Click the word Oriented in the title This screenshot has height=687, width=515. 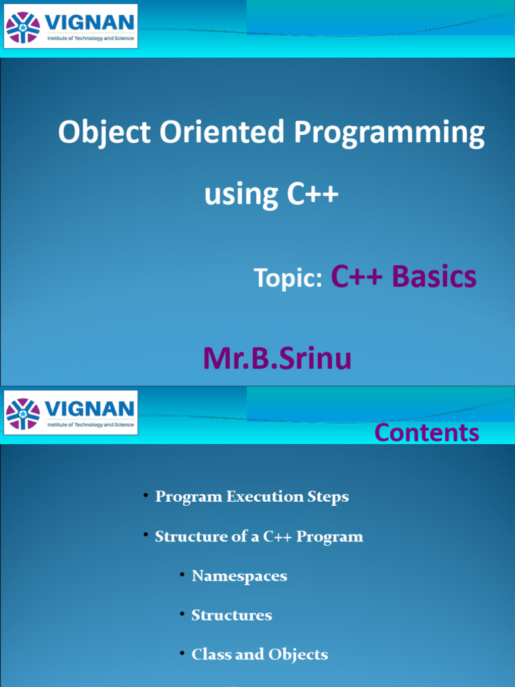[x=222, y=131]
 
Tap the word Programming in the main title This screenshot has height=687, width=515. [x=390, y=134]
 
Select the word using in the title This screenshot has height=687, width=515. [x=241, y=195]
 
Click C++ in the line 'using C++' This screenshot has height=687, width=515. [x=312, y=194]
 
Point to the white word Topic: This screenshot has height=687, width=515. [x=288, y=278]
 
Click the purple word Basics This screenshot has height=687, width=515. [x=434, y=276]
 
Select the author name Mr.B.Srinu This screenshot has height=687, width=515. [x=277, y=358]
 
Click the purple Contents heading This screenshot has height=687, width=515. [x=427, y=433]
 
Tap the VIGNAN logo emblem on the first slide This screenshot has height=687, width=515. [x=23, y=27]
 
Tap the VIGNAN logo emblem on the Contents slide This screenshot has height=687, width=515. [x=23, y=413]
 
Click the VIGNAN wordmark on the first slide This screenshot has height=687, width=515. [x=90, y=22]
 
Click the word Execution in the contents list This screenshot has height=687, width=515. [x=264, y=496]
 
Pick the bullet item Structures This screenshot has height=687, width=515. [x=231, y=615]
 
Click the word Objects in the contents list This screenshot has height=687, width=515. [x=298, y=655]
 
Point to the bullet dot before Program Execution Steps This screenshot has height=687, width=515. [x=146, y=494]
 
